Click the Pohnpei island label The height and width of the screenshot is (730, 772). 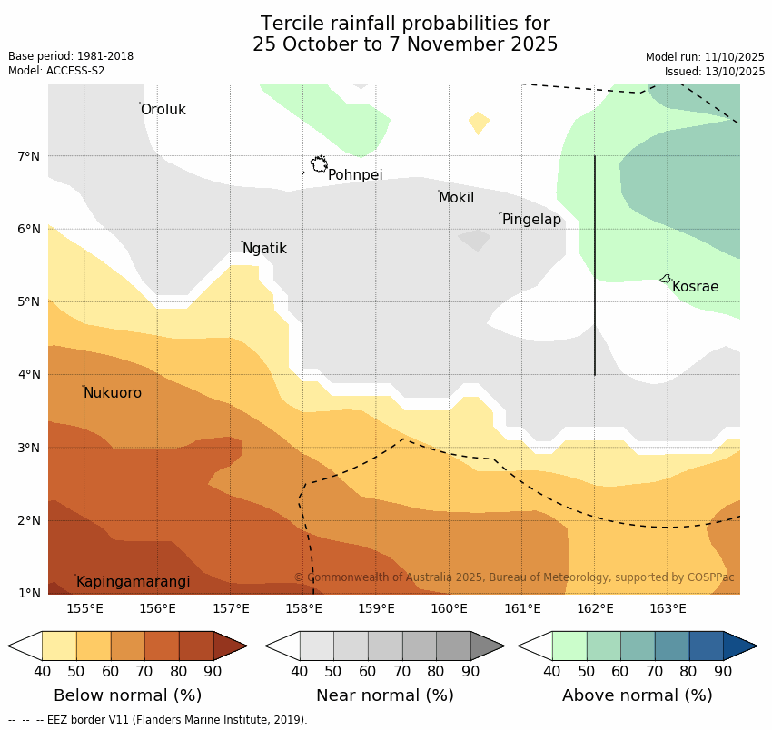tap(355, 175)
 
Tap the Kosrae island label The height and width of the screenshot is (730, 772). tap(695, 287)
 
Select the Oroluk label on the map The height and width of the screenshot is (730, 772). tap(163, 110)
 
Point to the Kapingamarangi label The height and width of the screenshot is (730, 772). tap(134, 582)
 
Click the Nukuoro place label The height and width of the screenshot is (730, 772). tap(113, 393)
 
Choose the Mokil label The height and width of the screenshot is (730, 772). tap(456, 198)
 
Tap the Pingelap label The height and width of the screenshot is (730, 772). tap(531, 220)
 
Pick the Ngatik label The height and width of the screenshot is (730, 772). tap(264, 249)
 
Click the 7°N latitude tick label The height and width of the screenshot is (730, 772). tap(29, 156)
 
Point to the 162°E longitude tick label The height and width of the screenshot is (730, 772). tap(595, 608)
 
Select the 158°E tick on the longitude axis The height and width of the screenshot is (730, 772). tap(303, 608)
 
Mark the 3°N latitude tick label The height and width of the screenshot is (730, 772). tap(29, 448)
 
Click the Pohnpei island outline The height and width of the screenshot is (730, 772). tap(319, 164)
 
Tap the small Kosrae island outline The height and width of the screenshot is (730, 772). tap(665, 279)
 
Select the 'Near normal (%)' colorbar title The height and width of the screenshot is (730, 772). tap(384, 695)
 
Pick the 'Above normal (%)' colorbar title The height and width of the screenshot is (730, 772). tap(637, 695)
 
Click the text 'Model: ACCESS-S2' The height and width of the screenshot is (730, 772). tap(56, 71)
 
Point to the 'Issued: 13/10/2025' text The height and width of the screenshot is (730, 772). tap(714, 71)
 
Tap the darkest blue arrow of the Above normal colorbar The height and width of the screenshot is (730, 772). tap(739, 646)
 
